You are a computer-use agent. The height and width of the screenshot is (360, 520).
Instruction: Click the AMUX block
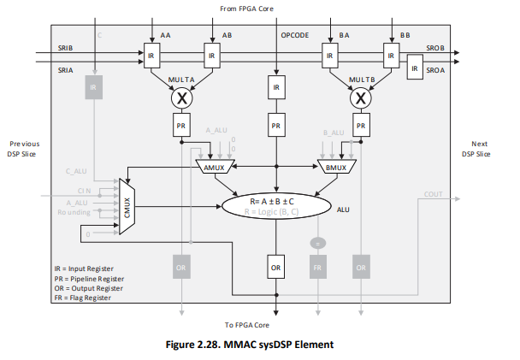coord(214,165)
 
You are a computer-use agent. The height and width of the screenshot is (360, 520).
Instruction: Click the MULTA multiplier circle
coord(180,98)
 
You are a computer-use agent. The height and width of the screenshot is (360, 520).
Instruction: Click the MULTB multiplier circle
coord(362,98)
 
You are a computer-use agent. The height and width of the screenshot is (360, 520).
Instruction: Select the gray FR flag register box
coord(318,267)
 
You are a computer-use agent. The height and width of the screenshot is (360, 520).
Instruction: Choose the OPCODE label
coord(296,35)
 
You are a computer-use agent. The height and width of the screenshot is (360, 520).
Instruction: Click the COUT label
coord(434,194)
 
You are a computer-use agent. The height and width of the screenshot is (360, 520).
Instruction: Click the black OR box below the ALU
coord(275,267)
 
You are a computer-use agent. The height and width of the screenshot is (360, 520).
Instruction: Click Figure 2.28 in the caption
coord(204,345)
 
